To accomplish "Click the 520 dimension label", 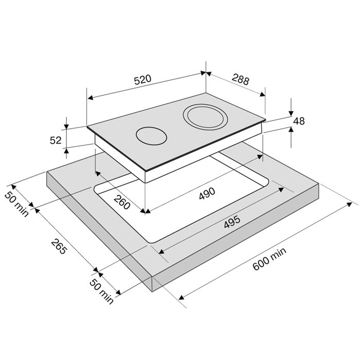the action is coord(142,79).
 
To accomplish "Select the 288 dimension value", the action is coord(240,79).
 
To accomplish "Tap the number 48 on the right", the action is coord(299,121).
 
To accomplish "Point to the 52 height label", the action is coord(56,140).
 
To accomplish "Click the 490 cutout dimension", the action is coord(207,193).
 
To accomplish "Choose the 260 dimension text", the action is coord(122,202).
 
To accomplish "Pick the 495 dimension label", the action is coord(232,222).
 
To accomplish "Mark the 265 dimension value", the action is coord(59,246).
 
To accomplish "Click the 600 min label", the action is coord(269,259).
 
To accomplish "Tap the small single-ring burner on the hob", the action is coord(151,136).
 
